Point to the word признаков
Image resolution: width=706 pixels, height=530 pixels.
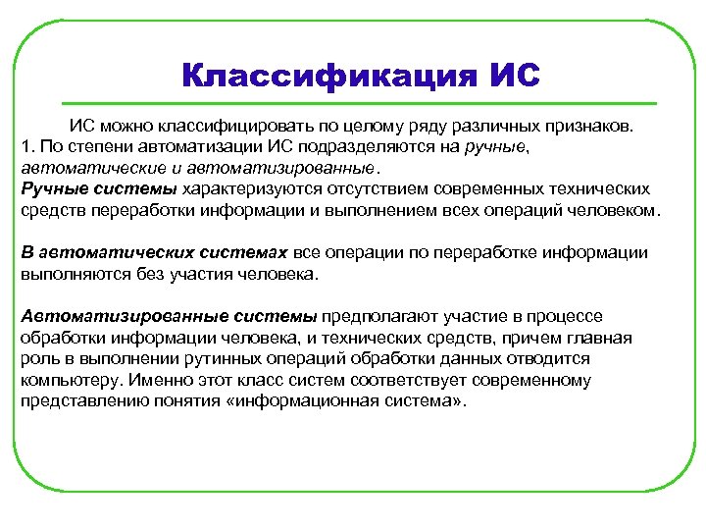coord(586,128)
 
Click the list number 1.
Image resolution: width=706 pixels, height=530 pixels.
coord(26,148)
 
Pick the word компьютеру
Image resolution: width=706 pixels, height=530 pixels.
coord(67,380)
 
